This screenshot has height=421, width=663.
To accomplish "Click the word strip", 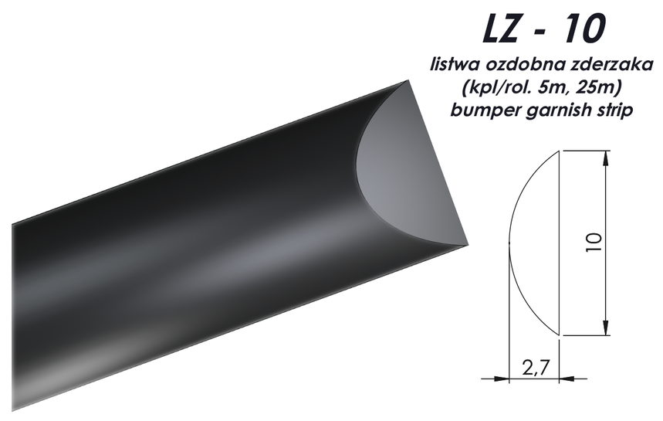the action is (611, 110).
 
